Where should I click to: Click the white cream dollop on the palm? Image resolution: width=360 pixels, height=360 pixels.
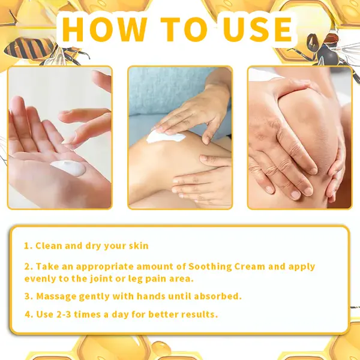pos(67,168)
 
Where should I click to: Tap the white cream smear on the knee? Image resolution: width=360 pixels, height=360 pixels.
pos(165,137)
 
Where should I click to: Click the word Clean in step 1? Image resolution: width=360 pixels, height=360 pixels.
pos(49,246)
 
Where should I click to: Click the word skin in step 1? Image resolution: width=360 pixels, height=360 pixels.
pos(137,246)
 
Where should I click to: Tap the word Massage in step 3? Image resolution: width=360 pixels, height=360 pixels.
pos(55,296)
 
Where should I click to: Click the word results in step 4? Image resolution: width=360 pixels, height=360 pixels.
pos(199,314)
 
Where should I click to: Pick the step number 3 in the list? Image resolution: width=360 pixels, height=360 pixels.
pos(28,296)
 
